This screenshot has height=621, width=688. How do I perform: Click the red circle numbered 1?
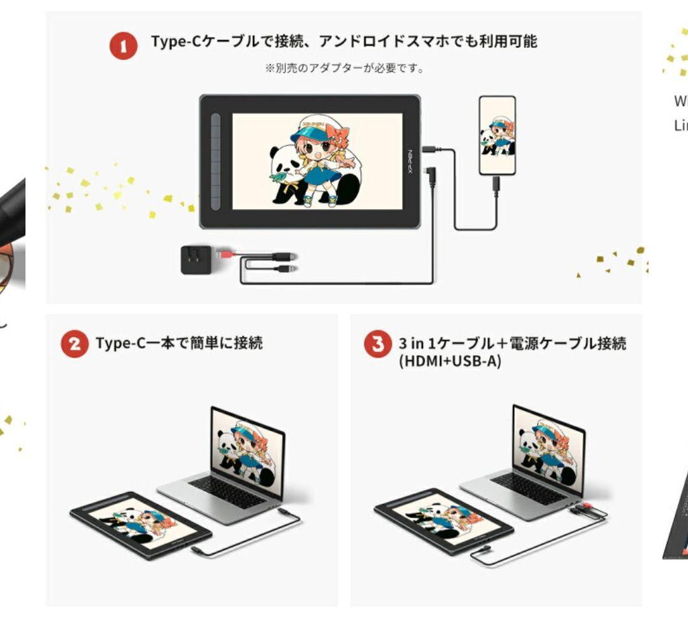click(124, 46)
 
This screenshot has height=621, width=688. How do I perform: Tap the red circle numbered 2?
click(75, 344)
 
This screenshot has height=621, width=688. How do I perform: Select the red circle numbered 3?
click(378, 344)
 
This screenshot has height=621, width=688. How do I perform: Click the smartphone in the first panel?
click(497, 135)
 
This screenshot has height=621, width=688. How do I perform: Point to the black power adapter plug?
click(196, 260)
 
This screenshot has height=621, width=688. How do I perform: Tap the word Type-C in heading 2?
click(118, 344)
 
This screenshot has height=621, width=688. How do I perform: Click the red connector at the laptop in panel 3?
click(584, 509)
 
